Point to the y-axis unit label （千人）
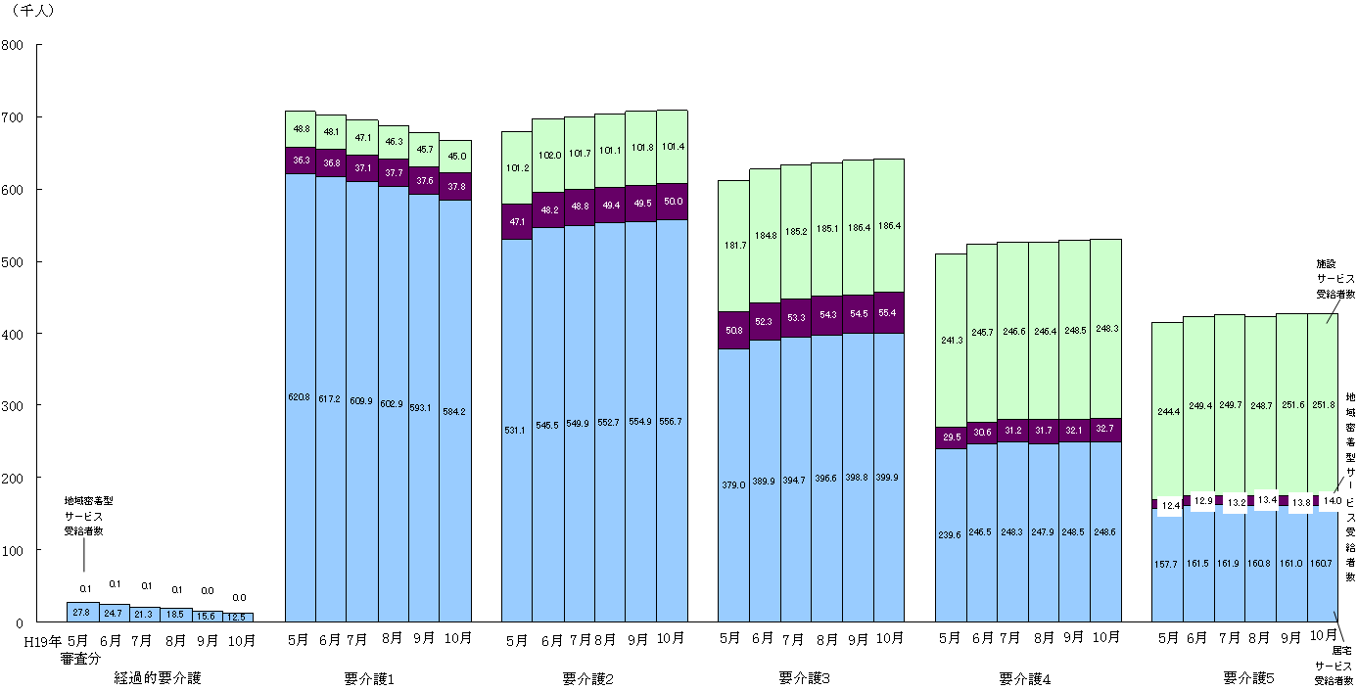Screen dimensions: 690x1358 click(34, 11)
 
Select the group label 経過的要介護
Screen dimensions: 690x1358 click(157, 677)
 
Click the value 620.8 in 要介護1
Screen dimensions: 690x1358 click(300, 397)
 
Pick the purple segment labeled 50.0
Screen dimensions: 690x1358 click(672, 201)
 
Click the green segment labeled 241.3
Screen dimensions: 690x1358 click(951, 340)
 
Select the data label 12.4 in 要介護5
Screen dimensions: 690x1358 click(1171, 505)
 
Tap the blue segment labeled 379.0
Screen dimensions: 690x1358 click(733, 484)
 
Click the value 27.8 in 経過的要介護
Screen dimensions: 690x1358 click(81, 613)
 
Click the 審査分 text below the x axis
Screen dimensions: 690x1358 click(80, 659)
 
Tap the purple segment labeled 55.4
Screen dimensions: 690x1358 click(888, 312)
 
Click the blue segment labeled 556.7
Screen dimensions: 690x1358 click(672, 421)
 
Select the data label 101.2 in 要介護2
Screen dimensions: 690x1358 click(517, 167)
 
